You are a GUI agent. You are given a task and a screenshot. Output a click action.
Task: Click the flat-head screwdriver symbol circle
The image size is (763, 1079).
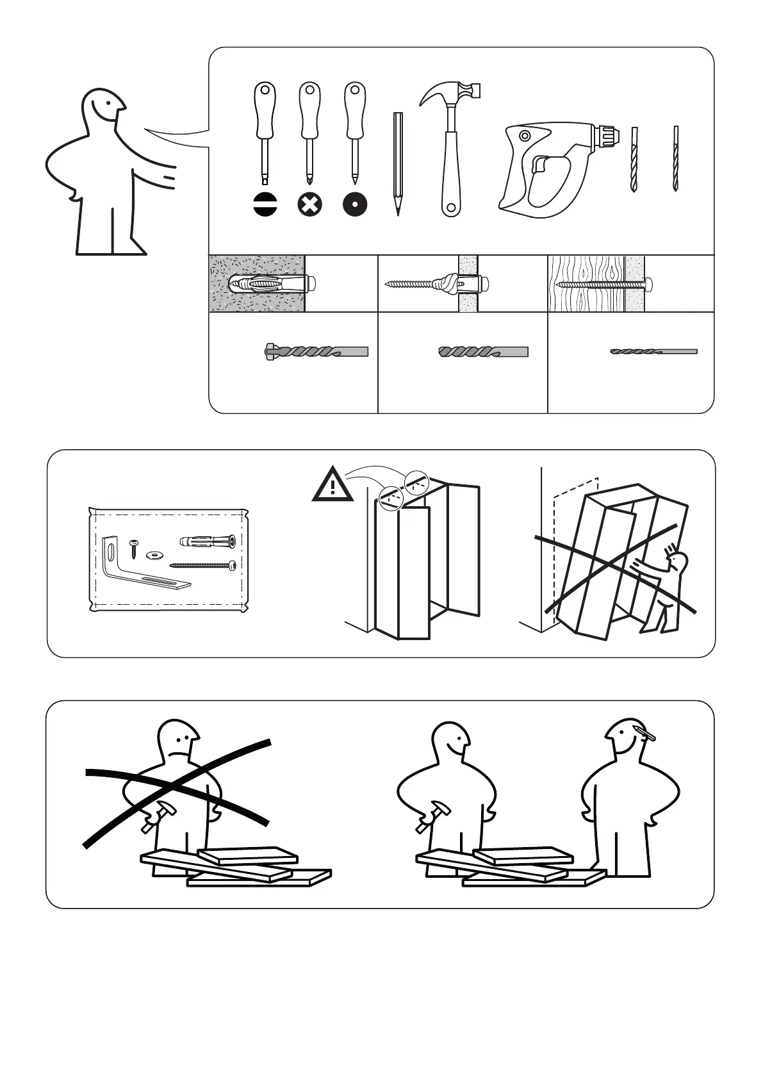265,205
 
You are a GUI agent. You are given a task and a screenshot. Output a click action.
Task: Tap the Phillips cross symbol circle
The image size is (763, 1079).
309,205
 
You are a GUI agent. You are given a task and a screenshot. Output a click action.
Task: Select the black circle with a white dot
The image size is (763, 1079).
354,205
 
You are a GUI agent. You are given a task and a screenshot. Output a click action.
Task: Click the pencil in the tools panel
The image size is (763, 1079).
398,163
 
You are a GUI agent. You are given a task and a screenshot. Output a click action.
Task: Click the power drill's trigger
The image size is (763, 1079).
539,165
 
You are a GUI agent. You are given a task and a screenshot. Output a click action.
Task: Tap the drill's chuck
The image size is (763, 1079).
607,135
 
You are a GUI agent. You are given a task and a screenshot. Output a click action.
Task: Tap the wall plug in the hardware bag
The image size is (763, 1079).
208,540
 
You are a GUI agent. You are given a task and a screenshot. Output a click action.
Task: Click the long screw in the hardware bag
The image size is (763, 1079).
203,564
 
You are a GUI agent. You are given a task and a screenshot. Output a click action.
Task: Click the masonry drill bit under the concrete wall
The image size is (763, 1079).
316,351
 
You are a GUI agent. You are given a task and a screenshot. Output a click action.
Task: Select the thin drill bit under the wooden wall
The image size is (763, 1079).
653,351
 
